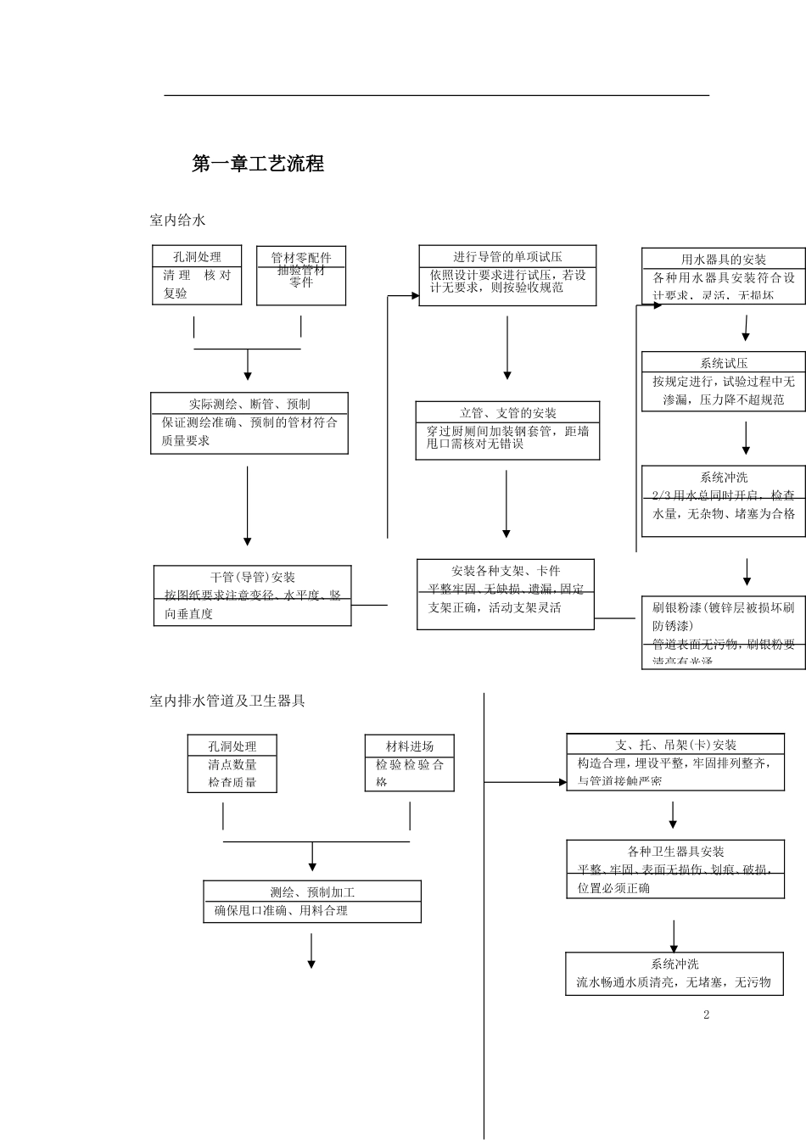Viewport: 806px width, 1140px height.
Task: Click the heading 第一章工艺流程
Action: (258, 165)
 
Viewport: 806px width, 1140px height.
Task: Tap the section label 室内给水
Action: (177, 221)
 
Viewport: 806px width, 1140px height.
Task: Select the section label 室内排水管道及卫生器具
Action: (227, 701)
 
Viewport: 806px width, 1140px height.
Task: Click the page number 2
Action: (706, 1014)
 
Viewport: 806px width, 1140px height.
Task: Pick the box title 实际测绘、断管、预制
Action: (249, 404)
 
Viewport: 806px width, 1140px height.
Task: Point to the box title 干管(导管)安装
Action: (253, 578)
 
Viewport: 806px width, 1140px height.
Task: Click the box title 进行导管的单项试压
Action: (507, 256)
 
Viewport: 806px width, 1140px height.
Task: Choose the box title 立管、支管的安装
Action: (507, 413)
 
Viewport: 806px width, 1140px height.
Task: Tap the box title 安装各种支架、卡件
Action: (506, 571)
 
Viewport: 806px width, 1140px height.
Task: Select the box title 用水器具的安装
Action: (724, 260)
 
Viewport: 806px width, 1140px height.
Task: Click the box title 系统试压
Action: (724, 363)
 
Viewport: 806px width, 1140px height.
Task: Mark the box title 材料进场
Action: (410, 746)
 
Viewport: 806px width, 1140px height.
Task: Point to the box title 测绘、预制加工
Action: (312, 892)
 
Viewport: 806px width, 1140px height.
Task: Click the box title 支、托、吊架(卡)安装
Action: (676, 745)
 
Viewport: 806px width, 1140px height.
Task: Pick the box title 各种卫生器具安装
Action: (676, 852)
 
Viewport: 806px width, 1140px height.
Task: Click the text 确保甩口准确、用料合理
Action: (281, 911)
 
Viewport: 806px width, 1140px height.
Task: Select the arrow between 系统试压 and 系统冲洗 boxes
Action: (747, 438)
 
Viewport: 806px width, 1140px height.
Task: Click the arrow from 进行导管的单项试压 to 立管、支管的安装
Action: (507, 348)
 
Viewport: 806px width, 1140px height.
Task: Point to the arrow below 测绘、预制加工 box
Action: (311, 951)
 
